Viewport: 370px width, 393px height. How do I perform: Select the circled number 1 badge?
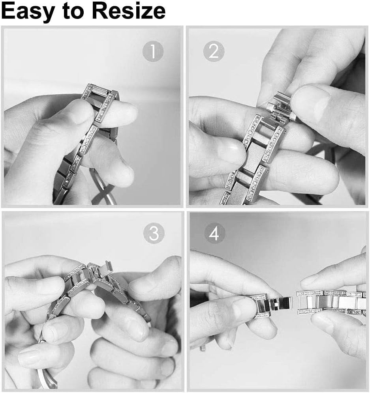click(x=153, y=51)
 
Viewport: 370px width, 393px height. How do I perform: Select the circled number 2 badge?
click(x=214, y=51)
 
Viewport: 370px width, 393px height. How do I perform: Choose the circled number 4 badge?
click(x=214, y=233)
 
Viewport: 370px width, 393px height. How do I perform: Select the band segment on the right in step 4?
click(x=331, y=302)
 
